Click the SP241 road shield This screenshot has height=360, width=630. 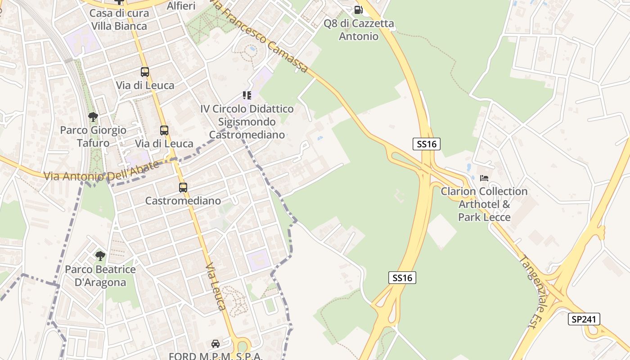pos(584,319)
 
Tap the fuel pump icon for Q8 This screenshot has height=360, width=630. pos(358,9)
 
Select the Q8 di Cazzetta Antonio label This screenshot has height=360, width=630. pos(359,30)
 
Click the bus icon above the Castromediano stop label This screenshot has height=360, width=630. pos(183,188)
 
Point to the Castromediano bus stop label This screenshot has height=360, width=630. pos(183,201)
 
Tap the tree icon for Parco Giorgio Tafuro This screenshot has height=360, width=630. pos(93,117)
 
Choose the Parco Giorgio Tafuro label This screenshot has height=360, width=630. pos(93,137)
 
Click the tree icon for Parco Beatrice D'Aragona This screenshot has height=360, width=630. pos(100,256)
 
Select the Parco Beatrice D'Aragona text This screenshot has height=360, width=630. pos(100,276)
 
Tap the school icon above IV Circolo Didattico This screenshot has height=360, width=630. pos(247,95)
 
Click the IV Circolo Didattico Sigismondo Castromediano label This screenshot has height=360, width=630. pos(247,121)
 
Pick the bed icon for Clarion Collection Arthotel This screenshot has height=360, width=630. pos(484,178)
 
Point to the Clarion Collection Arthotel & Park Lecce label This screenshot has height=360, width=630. pos(484,204)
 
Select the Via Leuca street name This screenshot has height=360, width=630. pos(216,287)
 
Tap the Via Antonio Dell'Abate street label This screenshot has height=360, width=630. pos(102,171)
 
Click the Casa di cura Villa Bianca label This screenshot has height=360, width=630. pos(119,19)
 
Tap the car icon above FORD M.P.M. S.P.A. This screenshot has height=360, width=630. pos(216,344)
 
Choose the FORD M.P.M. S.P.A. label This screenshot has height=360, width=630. pos(216,356)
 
